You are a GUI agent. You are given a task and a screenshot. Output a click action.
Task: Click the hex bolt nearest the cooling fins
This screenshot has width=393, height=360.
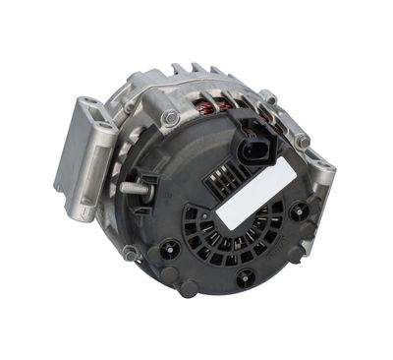[x=170, y=118]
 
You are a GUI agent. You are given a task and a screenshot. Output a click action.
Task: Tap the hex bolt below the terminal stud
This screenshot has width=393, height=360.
[x=130, y=252]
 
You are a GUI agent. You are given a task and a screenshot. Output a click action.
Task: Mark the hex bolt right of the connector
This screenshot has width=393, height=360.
[x=302, y=141]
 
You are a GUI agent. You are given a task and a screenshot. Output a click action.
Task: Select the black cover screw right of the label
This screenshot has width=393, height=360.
[x=295, y=209]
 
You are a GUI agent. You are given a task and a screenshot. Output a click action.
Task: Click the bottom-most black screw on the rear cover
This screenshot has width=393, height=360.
[x=245, y=277]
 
